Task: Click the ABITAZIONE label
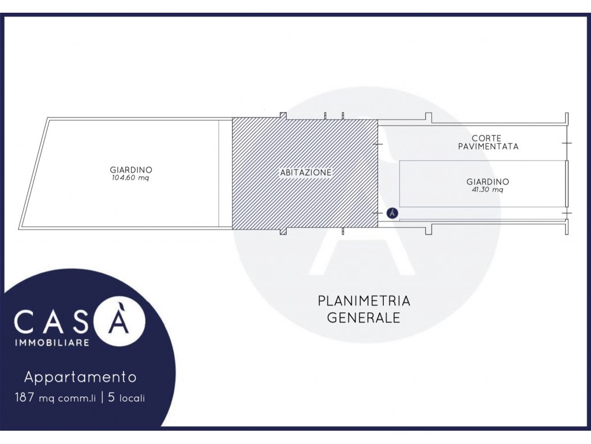click(306, 172)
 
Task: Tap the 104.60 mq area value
click(130, 178)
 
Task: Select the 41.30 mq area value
click(487, 190)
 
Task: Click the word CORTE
click(486, 139)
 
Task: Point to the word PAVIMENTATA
click(488, 146)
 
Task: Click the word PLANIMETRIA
click(364, 301)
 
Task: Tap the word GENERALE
click(364, 317)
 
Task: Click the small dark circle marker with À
click(392, 213)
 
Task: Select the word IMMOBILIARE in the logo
click(51, 342)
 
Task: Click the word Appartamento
click(80, 377)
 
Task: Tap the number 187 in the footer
click(24, 397)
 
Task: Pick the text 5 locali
click(126, 398)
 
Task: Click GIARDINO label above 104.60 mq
click(131, 170)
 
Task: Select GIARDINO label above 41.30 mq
click(487, 182)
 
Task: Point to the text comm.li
click(77, 398)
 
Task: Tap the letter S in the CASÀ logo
click(77, 321)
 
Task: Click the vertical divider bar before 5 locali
click(102, 398)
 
